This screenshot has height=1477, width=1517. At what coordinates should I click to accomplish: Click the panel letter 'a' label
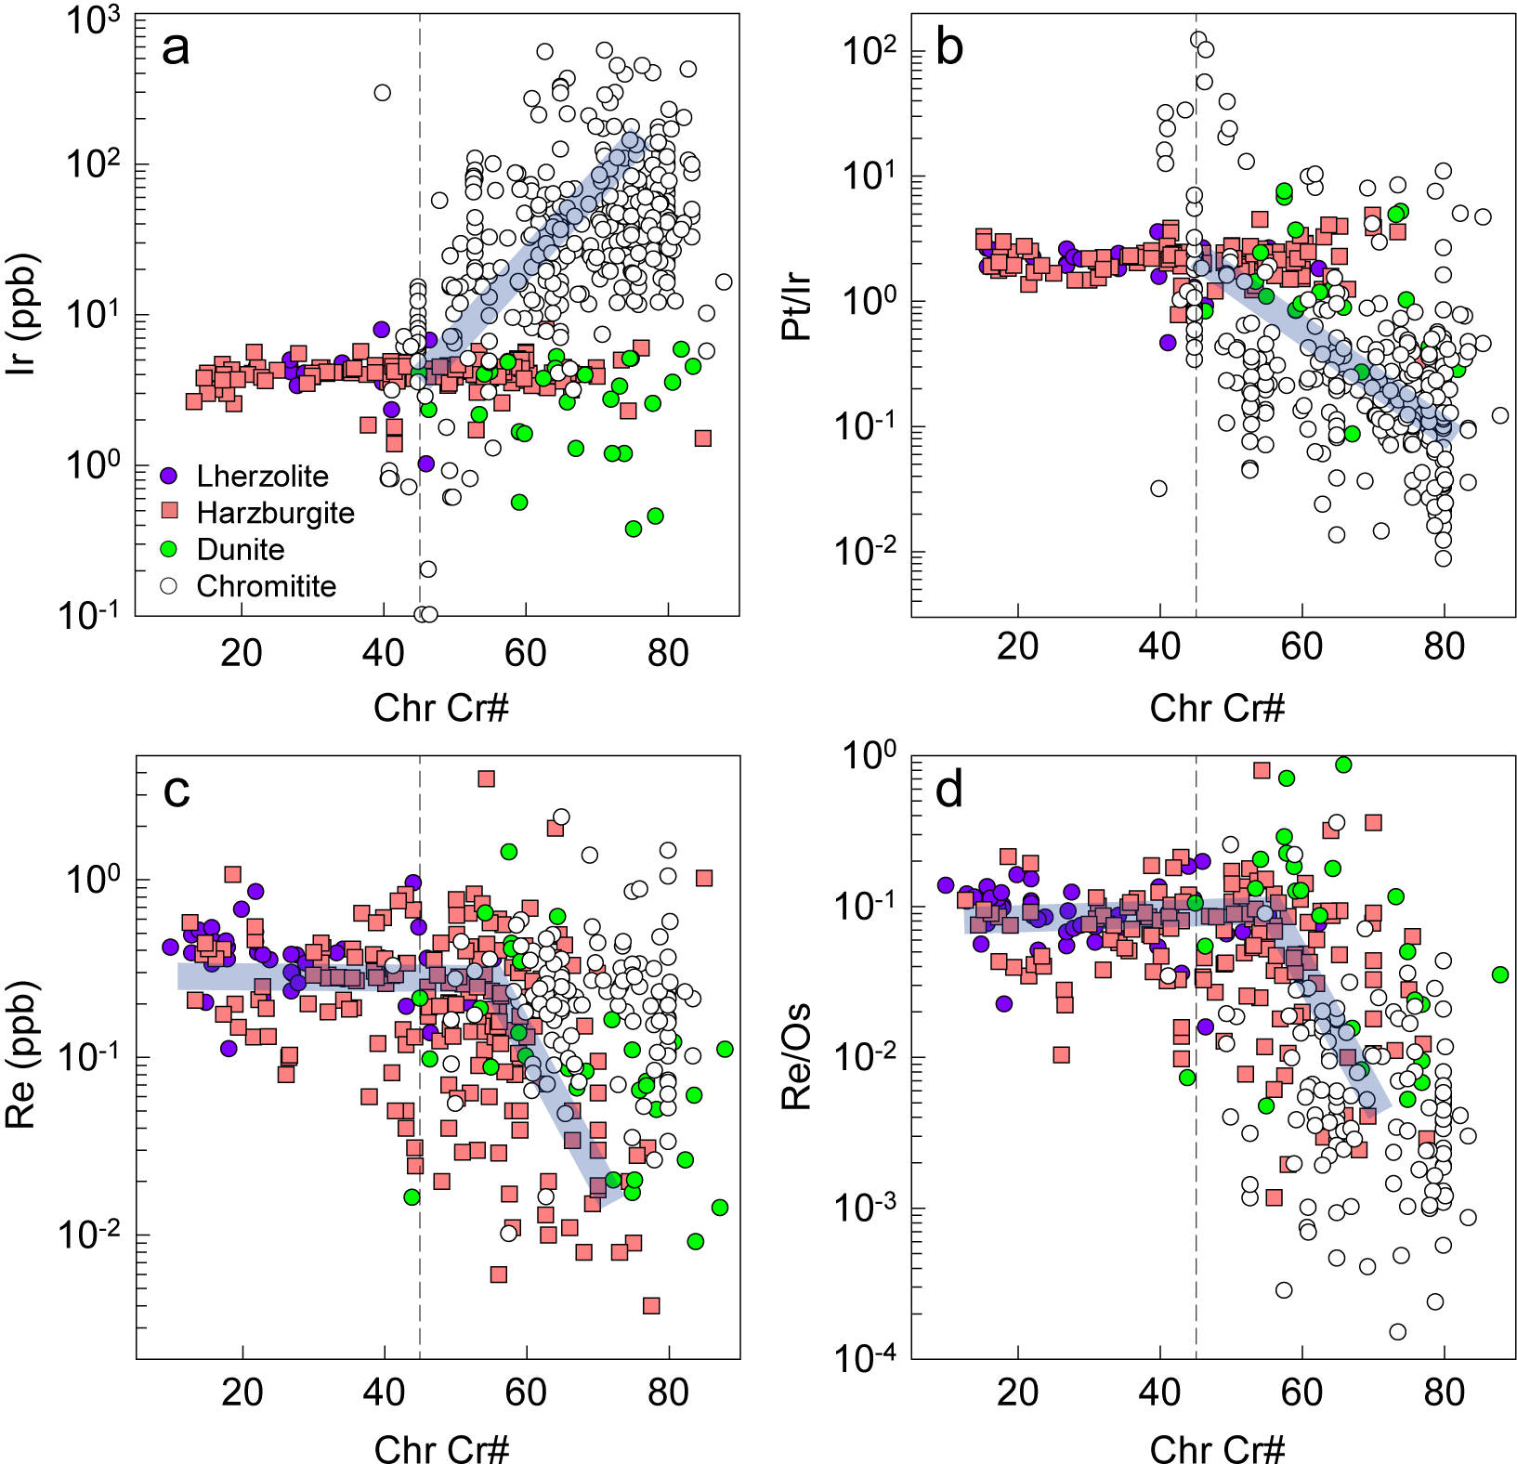click(175, 48)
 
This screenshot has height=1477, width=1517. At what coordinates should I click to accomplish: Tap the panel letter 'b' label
click(948, 48)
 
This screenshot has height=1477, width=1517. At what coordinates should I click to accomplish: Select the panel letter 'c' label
click(176, 790)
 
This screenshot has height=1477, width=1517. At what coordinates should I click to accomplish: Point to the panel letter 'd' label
click(949, 790)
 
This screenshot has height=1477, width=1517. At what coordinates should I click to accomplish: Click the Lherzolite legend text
click(262, 477)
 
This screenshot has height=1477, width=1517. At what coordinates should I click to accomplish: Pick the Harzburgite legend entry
click(275, 513)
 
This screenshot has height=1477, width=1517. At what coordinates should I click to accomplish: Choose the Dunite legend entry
click(241, 550)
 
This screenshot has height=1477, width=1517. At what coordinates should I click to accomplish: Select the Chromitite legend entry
click(266, 586)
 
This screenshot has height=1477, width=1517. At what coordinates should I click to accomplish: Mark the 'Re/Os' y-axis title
click(798, 1057)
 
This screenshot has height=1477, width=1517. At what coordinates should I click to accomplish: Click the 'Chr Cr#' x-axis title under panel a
click(441, 708)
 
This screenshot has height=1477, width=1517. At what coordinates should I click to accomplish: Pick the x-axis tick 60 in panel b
click(1301, 647)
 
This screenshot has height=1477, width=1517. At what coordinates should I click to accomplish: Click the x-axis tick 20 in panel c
click(242, 1391)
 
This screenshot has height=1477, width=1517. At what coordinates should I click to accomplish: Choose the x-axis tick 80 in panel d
click(1444, 1391)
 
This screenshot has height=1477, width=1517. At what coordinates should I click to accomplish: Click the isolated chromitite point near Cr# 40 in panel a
click(382, 93)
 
